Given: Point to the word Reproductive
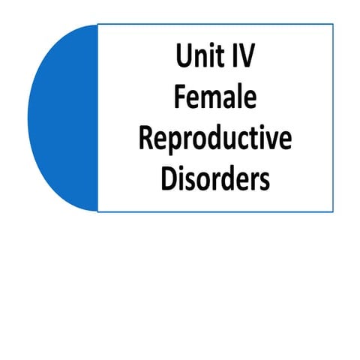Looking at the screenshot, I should pos(215,140).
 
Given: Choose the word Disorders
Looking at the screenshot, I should pos(215,180).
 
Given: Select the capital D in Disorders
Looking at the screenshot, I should pos(169,180).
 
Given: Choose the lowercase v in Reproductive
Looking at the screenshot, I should pos(270,141).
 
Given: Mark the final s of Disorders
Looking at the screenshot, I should pos(264,182).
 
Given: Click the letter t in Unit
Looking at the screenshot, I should pos(219,57).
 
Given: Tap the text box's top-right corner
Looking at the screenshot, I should pos(333,25).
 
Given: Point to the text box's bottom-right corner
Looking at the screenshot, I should pos(333,211).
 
